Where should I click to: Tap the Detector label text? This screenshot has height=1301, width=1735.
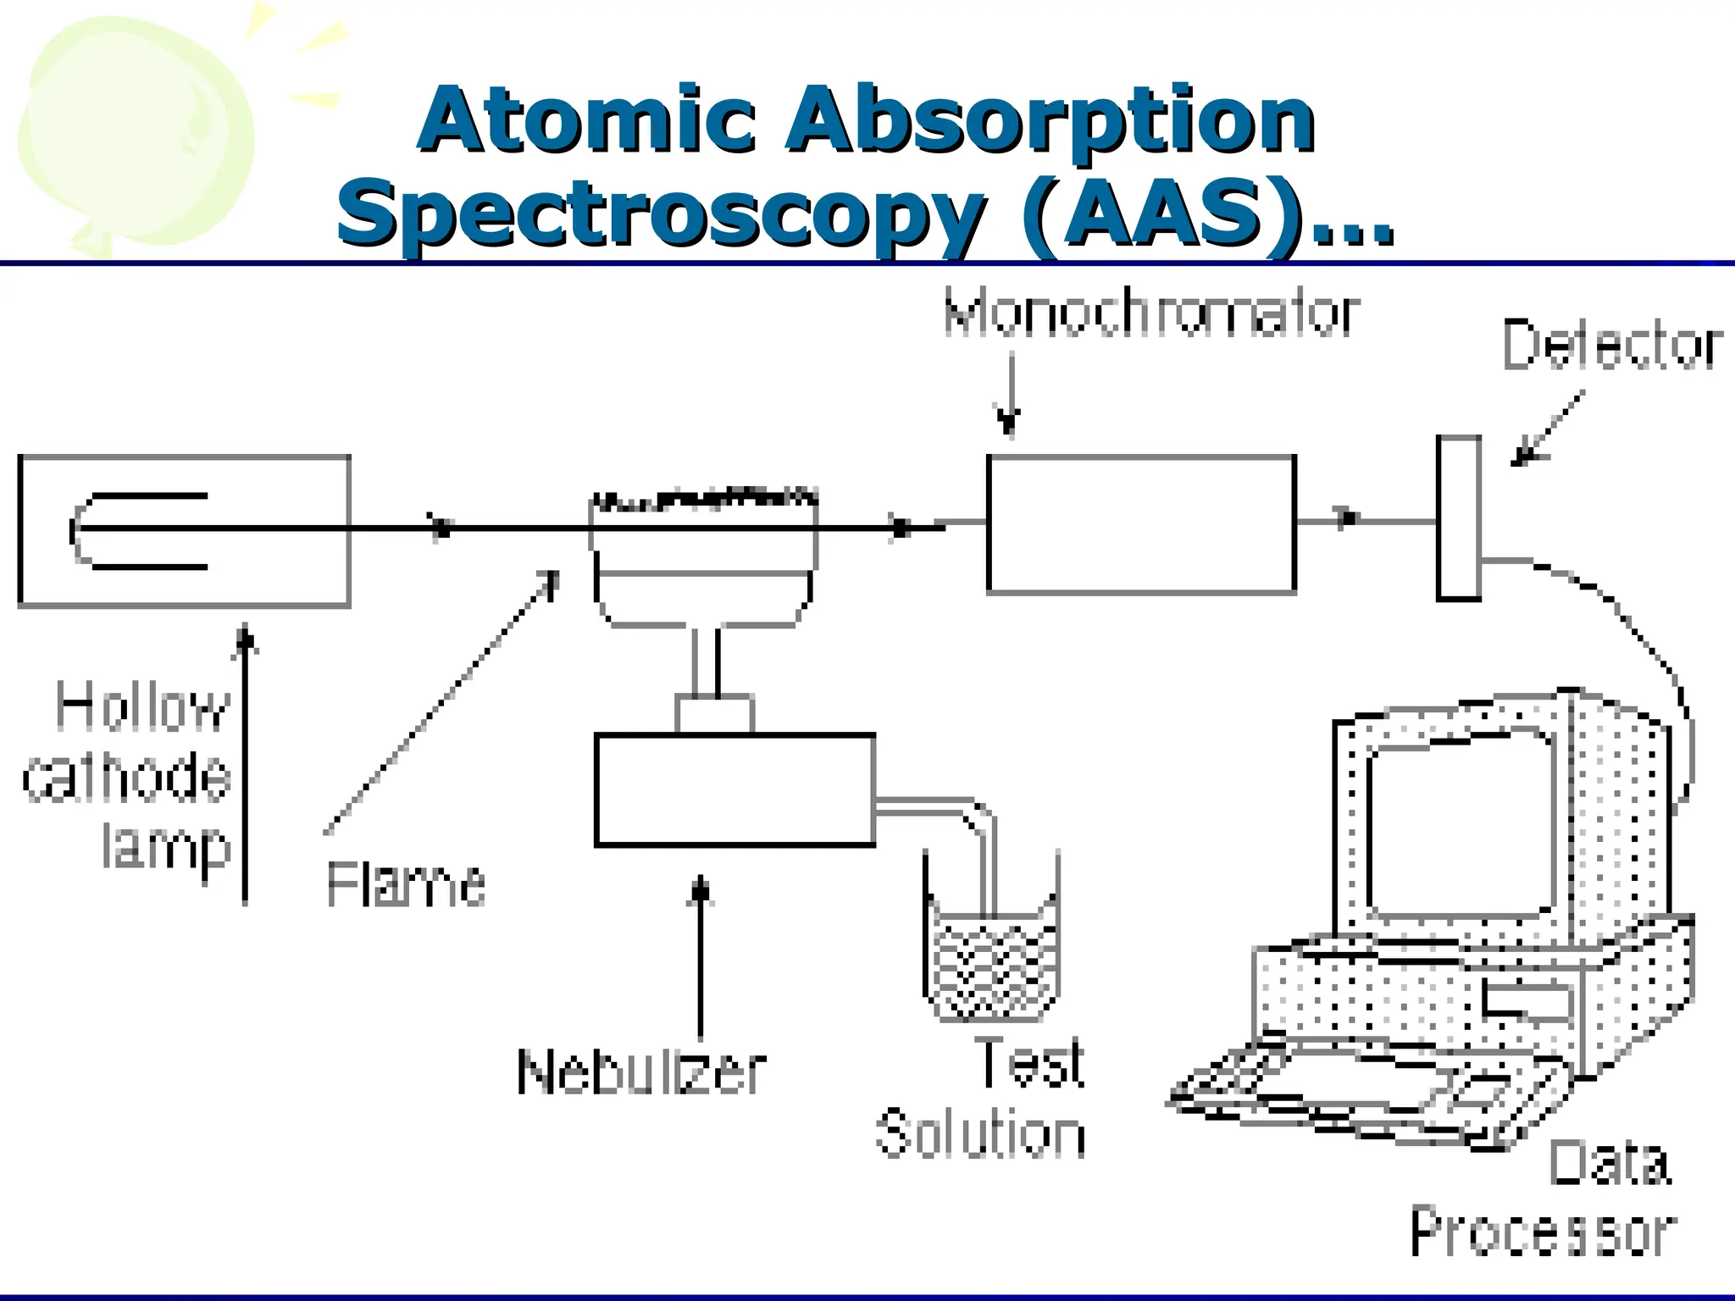[x=1611, y=346]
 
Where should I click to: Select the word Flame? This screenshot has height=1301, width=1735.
[x=406, y=884]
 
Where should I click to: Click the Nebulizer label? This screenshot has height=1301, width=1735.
[x=641, y=1072]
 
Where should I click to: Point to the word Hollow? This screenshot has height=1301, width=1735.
[x=142, y=707]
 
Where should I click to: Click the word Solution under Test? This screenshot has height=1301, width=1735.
[x=980, y=1134]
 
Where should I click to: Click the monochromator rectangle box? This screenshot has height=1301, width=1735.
[x=1140, y=524]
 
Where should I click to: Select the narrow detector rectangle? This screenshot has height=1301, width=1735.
[x=1458, y=518]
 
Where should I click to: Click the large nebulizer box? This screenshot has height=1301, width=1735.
[x=734, y=789]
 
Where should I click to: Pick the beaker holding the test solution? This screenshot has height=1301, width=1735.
[x=991, y=961]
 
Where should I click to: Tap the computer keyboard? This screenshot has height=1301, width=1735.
[x=1355, y=1093]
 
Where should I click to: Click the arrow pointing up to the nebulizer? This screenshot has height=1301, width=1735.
[x=700, y=957]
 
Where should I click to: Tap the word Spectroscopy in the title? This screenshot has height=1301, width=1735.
[x=661, y=213]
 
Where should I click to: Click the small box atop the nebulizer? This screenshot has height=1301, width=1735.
[x=714, y=714]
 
